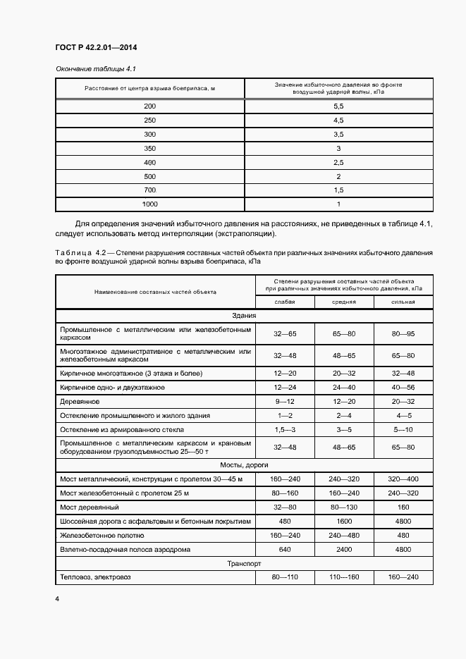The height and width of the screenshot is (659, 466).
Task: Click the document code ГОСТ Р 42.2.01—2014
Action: click(x=96, y=48)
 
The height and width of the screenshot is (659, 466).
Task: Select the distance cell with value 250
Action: click(x=149, y=120)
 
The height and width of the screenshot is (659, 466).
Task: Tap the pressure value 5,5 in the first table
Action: click(x=338, y=106)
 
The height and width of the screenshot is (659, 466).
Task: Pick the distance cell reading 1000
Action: click(x=149, y=204)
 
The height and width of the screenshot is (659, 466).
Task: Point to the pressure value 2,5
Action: click(x=338, y=162)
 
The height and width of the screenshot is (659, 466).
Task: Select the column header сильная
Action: click(x=403, y=302)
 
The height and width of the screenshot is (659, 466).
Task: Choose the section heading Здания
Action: click(x=244, y=316)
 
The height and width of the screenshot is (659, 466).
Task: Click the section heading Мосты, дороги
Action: click(x=244, y=464)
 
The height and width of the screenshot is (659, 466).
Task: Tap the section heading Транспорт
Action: click(x=244, y=564)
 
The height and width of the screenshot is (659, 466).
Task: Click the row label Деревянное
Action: click(x=80, y=401)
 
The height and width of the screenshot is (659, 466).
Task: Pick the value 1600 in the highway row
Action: click(x=344, y=521)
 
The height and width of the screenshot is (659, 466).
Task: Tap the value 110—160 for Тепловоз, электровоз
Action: click(x=344, y=577)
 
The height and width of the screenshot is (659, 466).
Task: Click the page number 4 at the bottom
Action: click(x=57, y=598)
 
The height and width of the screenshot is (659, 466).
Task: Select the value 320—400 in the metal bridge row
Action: click(x=403, y=479)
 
